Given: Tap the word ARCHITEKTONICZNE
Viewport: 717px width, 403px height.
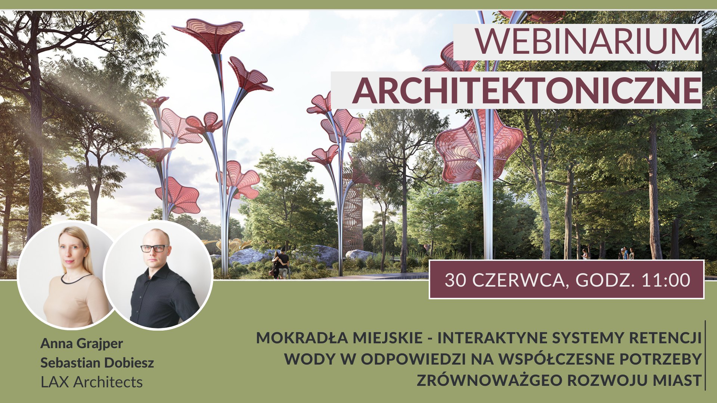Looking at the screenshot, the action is pos(527,91).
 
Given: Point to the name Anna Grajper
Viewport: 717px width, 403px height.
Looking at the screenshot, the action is pos(81,344).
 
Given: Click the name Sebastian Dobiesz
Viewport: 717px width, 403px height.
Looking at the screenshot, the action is pos(97,363).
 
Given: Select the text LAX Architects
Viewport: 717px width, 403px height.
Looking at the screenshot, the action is pos(91,382).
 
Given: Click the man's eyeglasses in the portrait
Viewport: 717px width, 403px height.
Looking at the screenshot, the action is pos(155,248).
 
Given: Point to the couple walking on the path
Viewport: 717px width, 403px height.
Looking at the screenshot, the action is pos(280,263).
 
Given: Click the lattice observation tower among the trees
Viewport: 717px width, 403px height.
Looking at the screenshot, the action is pos(353,213).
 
